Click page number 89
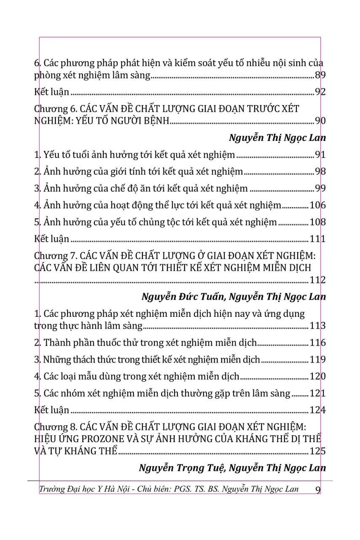click(320, 76)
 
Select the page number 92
click(320, 92)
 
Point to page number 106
click(317, 205)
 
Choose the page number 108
click(317, 222)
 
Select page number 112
click(317, 280)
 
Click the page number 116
click(317, 343)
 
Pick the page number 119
click(317, 360)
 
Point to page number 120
click(317, 376)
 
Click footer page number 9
click(318, 489)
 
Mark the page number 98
click(320, 172)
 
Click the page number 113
click(317, 326)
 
